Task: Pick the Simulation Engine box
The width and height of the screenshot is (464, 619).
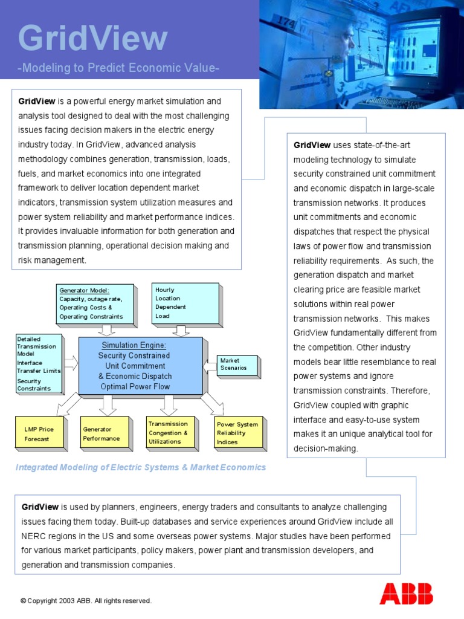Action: tap(141, 366)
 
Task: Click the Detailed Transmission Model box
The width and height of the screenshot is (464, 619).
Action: tap(39, 363)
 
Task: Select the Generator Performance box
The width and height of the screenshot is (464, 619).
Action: tap(104, 433)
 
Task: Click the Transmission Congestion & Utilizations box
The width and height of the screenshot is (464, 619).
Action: tap(170, 432)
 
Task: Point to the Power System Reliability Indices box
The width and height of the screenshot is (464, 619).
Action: tap(239, 433)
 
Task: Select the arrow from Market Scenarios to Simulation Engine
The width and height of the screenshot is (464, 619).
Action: tap(210, 365)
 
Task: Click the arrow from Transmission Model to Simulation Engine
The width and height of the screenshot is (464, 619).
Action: tap(71, 363)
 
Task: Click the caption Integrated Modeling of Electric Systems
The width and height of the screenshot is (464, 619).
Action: tap(140, 467)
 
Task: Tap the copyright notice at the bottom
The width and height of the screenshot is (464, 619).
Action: tap(86, 601)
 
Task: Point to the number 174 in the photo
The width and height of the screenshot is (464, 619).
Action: tap(286, 24)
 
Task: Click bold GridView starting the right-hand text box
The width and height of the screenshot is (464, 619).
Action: tap(312, 145)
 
